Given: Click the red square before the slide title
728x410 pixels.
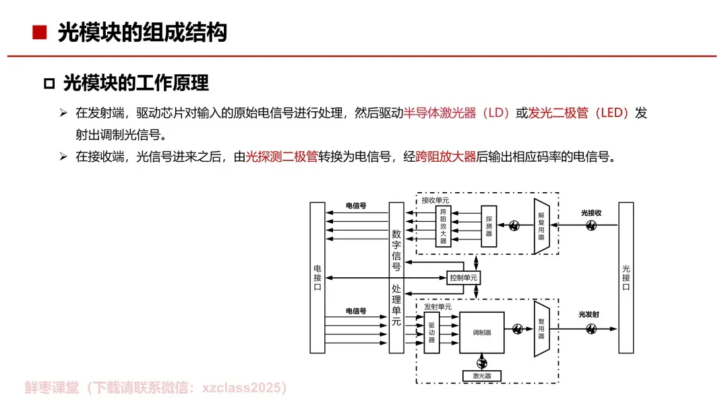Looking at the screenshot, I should click(40, 32).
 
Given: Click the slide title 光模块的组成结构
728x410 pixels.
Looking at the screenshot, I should click(142, 32).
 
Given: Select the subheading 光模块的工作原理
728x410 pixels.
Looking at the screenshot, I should click(135, 83).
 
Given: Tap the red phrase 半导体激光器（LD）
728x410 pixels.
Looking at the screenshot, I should click(457, 113).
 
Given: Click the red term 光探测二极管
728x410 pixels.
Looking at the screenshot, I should click(282, 157).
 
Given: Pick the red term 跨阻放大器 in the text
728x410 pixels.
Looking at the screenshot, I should click(446, 157).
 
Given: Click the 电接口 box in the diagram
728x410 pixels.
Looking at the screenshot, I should click(317, 277).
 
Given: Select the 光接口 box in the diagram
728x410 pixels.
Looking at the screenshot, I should click(626, 277).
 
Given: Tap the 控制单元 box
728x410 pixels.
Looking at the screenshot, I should click(464, 277).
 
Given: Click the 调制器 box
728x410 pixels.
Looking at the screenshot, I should click(481, 332).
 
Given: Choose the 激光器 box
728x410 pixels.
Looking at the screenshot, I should click(481, 376).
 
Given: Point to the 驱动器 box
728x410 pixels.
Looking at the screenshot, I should click(431, 332).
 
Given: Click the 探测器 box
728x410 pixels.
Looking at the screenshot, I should click(489, 226).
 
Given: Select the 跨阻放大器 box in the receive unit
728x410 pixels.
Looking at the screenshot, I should click(443, 227).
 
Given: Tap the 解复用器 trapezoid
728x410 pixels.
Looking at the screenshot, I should click(542, 226).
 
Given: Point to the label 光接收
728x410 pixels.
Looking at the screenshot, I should click(591, 212).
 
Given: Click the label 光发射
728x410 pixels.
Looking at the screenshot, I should click(588, 314).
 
